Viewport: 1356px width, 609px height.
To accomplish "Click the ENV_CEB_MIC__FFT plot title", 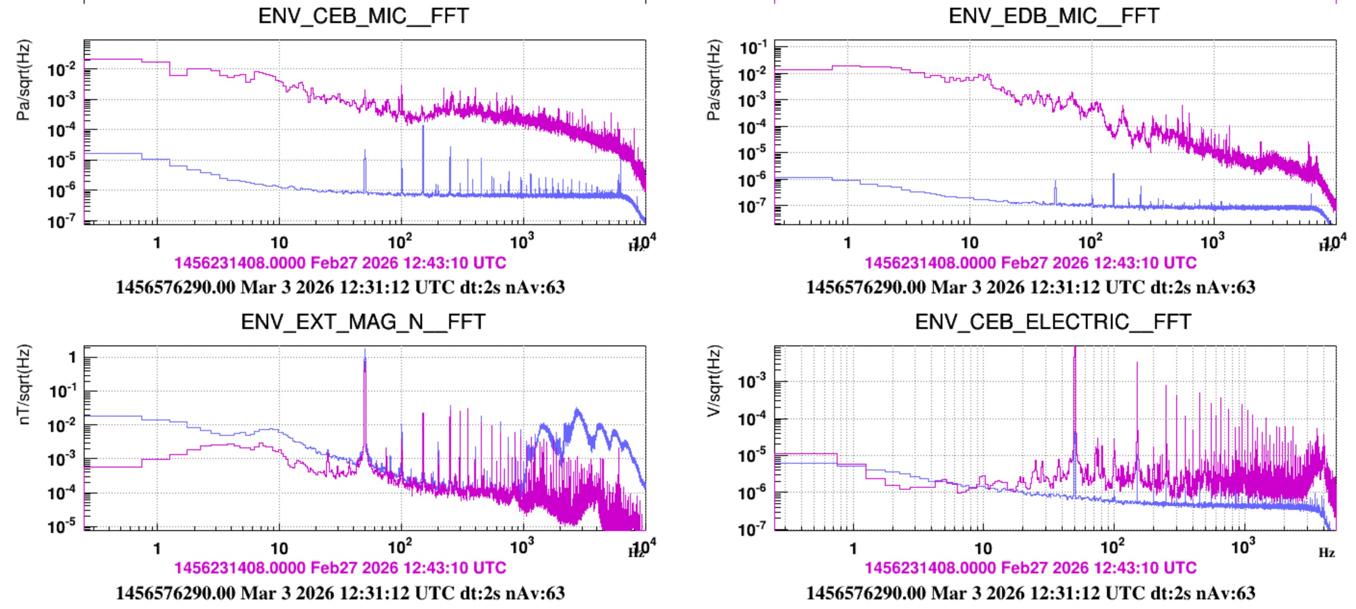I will tap(363, 16).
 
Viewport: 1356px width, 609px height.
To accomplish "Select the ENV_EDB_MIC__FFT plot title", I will tap(1054, 16).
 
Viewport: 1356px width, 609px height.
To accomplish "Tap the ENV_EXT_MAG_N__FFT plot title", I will tap(363, 321).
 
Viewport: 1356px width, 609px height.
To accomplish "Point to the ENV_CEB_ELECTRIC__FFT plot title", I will tap(1053, 321).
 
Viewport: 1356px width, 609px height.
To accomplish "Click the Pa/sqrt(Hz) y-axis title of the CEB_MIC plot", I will tap(24, 80).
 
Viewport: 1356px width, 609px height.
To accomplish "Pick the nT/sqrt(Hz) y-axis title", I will tap(24, 384).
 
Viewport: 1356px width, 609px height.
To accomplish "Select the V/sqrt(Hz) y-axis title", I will tap(714, 381).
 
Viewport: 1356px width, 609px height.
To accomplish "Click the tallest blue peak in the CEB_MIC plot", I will tap(423, 127).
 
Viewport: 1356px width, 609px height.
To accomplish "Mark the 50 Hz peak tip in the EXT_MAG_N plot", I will tap(365, 351).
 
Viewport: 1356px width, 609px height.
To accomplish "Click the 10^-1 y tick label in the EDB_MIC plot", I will tap(753, 49).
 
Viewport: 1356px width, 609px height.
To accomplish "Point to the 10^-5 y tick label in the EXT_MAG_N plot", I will tap(62, 526).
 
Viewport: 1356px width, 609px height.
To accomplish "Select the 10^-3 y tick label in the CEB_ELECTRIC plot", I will tap(753, 381).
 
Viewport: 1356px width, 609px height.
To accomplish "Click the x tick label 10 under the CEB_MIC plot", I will tap(279, 243).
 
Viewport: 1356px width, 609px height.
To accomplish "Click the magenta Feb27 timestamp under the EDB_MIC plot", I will tap(1030, 262).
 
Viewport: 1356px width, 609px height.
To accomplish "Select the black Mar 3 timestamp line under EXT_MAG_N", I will tap(340, 593).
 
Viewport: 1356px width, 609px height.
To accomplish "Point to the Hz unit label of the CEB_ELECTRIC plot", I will tap(1327, 553).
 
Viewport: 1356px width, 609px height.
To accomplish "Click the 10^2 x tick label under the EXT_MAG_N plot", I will tap(400, 547).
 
